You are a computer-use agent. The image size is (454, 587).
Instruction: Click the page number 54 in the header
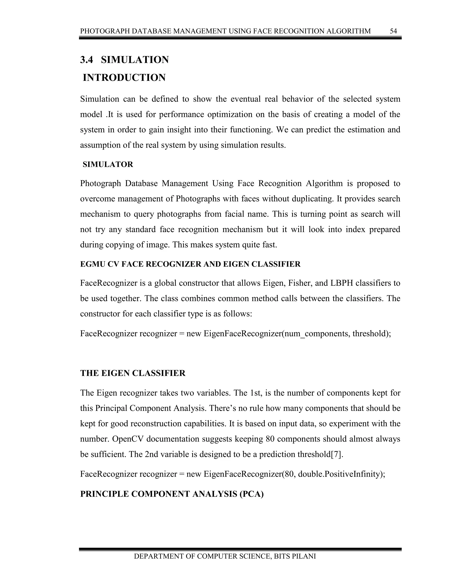coord(393,31)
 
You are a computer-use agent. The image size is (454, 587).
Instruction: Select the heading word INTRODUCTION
coord(124,78)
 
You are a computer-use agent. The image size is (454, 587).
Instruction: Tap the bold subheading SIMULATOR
coord(108,165)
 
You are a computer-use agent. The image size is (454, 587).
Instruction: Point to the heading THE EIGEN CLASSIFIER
coord(133,373)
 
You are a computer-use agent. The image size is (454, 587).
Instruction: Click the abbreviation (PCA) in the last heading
coord(251,494)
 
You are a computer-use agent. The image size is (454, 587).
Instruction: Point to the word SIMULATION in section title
coord(135,60)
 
